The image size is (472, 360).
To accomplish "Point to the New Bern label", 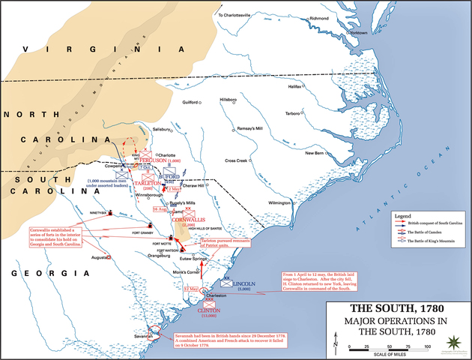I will pyautogui.click(x=317, y=153).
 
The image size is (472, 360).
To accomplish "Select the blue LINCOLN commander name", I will pyautogui.click(x=244, y=284).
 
